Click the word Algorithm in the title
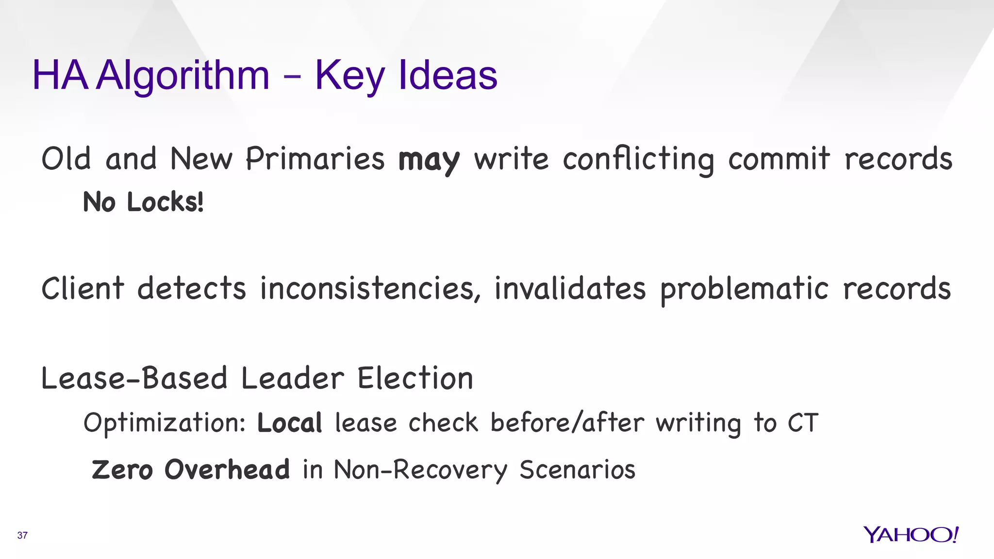[182, 75]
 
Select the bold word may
[429, 160]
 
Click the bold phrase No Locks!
[143, 202]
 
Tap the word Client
[83, 288]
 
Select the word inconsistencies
[370, 288]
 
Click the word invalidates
[570, 288]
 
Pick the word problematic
[745, 289]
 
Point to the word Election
[415, 378]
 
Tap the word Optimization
[165, 423]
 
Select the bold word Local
[289, 423]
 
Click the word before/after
[567, 422]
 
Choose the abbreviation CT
[803, 423]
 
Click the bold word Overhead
[227, 469]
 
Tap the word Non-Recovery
[420, 470]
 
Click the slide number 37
[22, 535]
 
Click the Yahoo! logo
[911, 535]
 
